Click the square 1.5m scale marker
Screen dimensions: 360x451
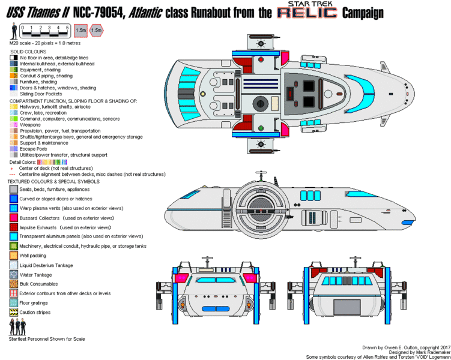[x=80, y=29]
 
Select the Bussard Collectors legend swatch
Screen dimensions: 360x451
[x=13, y=218]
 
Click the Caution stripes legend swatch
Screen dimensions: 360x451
[x=13, y=312]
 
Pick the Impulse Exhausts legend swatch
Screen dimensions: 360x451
[x=13, y=227]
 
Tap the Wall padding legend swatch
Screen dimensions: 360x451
[x=13, y=256]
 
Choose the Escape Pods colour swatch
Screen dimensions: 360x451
[x=13, y=149]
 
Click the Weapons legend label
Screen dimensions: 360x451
[x=29, y=125]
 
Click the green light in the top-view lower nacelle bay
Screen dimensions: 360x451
[x=261, y=127]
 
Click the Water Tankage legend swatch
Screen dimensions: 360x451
[x=13, y=274]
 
